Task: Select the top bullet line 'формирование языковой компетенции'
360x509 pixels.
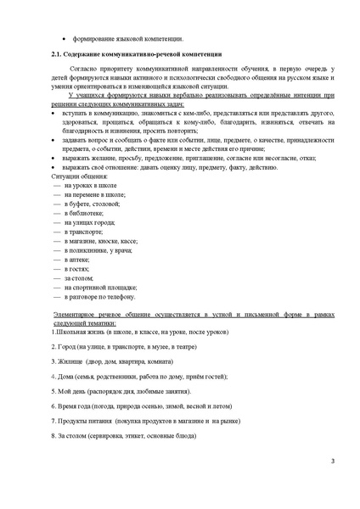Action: click(x=127, y=39)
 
